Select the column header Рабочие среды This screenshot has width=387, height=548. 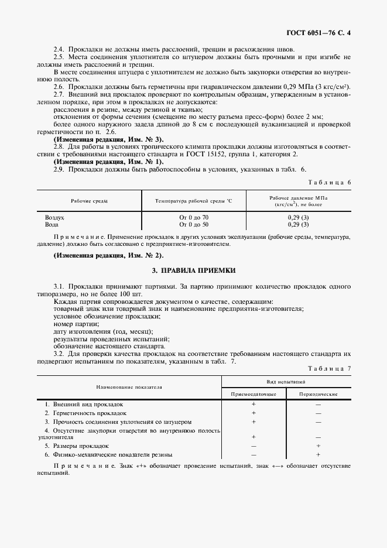[89, 201]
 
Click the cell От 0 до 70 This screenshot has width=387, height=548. [194, 217]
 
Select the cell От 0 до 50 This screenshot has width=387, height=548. [194, 224]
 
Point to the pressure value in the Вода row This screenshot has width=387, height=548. [298, 224]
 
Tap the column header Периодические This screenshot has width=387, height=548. [318, 394]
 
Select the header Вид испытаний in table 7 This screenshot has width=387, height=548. [286, 381]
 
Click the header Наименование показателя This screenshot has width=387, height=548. [129, 387]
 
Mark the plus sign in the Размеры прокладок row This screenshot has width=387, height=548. [318, 446]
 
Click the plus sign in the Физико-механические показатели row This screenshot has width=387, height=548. [318, 454]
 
